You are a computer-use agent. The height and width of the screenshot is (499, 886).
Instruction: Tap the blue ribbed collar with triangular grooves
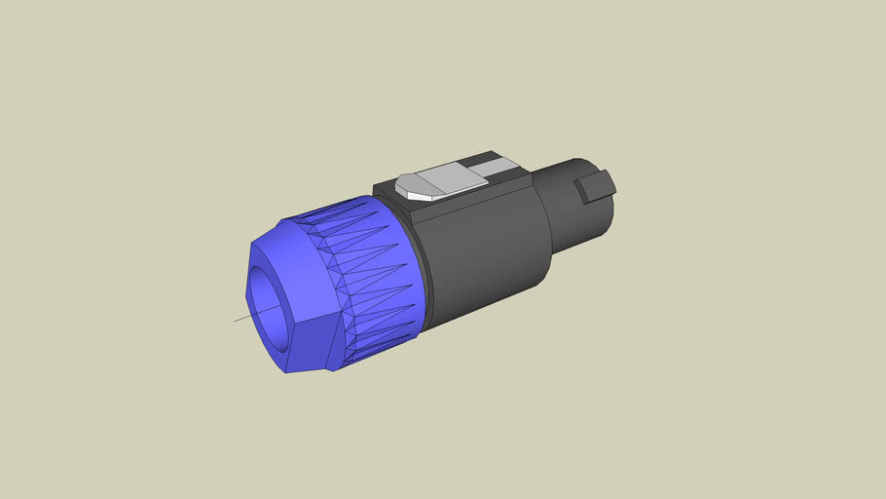click(x=375, y=273)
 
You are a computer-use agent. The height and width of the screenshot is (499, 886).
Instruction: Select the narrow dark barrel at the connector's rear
click(x=574, y=214)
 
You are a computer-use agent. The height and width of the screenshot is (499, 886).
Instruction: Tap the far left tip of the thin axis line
click(x=234, y=321)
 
